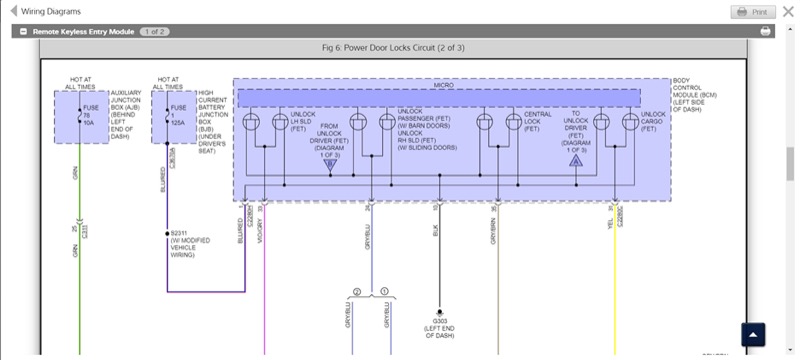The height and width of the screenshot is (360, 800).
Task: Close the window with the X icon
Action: pyautogui.click(x=788, y=12)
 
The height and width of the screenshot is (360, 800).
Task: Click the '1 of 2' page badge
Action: pyautogui.click(x=154, y=32)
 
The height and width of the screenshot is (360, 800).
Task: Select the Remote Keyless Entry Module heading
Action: pyautogui.click(x=83, y=32)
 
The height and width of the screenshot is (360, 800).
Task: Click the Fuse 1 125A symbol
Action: pyautogui.click(x=166, y=116)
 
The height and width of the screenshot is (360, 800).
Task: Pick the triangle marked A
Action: pyautogui.click(x=576, y=160)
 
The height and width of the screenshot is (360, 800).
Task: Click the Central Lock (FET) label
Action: pyautogui.click(x=538, y=121)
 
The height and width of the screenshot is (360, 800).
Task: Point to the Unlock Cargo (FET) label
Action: pyautogui.click(x=653, y=121)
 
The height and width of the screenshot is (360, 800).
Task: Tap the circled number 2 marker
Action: pyautogui.click(x=355, y=291)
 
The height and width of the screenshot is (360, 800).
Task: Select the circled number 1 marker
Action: pyautogui.click(x=383, y=291)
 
